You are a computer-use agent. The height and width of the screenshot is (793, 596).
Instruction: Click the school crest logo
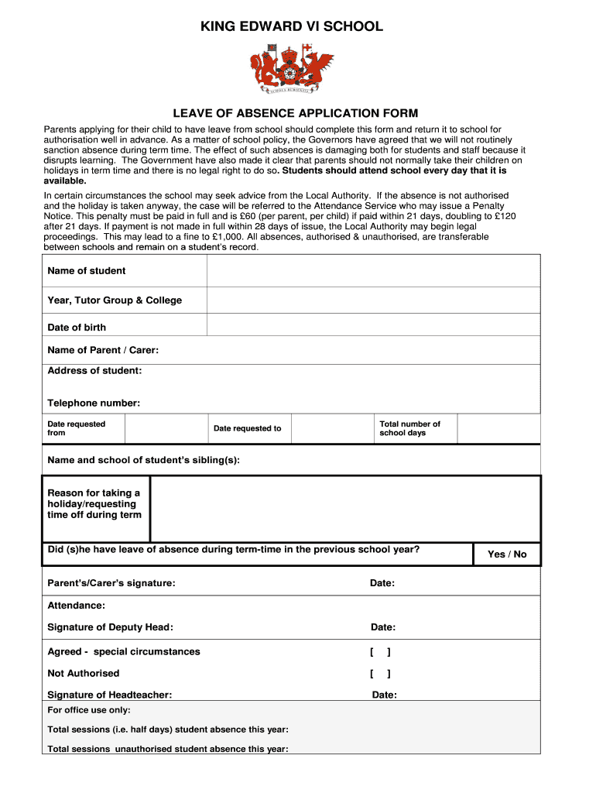[x=291, y=68]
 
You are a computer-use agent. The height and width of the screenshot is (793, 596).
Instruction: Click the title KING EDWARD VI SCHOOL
[x=292, y=26]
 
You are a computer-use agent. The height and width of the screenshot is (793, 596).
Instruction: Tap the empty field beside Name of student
[x=373, y=271]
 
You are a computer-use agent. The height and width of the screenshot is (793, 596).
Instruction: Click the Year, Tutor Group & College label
[x=115, y=300]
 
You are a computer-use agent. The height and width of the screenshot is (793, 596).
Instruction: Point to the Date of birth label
[x=77, y=328]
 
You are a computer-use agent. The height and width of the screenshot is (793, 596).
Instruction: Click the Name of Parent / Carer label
[x=103, y=350]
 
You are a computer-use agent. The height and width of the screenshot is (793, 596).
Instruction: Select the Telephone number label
[x=94, y=403]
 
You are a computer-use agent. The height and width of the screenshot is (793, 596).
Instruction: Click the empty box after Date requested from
[x=157, y=428]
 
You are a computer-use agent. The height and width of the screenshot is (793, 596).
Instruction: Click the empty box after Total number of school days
[x=498, y=428]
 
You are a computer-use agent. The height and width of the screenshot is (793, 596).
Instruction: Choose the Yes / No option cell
[x=507, y=554]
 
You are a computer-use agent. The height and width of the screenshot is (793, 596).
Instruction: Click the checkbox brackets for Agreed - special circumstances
[x=380, y=652]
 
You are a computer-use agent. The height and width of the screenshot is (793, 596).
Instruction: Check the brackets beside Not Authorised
[x=380, y=674]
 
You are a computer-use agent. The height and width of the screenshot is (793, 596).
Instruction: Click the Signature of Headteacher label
[x=110, y=695]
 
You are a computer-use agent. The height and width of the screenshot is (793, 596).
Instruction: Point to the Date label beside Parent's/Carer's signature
[x=382, y=583]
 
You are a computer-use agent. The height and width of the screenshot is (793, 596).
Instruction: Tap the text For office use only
[x=89, y=710]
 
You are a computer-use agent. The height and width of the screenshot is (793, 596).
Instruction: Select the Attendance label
[x=76, y=606]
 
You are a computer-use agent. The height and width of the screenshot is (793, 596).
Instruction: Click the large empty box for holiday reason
[x=344, y=509]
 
